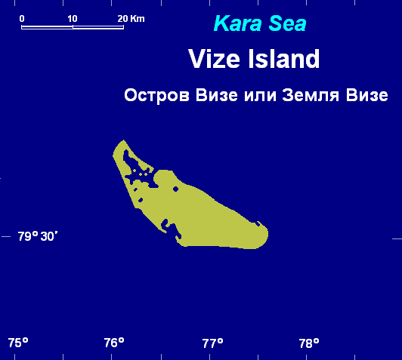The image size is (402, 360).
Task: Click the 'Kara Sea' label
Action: [260, 23]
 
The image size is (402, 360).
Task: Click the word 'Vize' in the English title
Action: [214, 59]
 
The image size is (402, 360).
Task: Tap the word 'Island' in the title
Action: [284, 59]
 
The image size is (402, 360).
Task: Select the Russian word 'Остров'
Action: [156, 95]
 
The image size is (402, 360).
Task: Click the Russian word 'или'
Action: [260, 96]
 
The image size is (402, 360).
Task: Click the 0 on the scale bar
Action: [22, 19]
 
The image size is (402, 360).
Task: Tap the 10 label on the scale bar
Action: [73, 19]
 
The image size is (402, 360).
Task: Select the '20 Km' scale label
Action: [131, 19]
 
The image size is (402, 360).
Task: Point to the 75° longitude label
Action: [18, 343]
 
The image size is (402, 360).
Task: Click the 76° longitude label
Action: [114, 343]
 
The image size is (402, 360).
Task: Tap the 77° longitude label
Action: [213, 343]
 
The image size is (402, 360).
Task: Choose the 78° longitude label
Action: [309, 343]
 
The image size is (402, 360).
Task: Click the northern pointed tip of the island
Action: [124, 140]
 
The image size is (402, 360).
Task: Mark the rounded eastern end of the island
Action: [267, 234]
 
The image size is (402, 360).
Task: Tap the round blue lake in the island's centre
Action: [175, 189]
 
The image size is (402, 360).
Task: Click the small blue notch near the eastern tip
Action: [258, 224]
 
